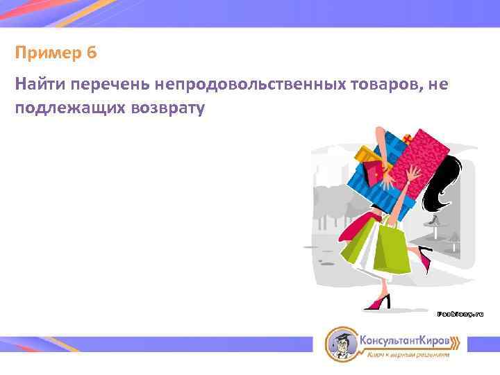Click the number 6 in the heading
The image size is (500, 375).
(x=92, y=53)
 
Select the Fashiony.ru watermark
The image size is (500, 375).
(x=460, y=314)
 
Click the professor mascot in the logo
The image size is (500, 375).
(x=340, y=343)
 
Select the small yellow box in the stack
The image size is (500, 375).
(x=365, y=157)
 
